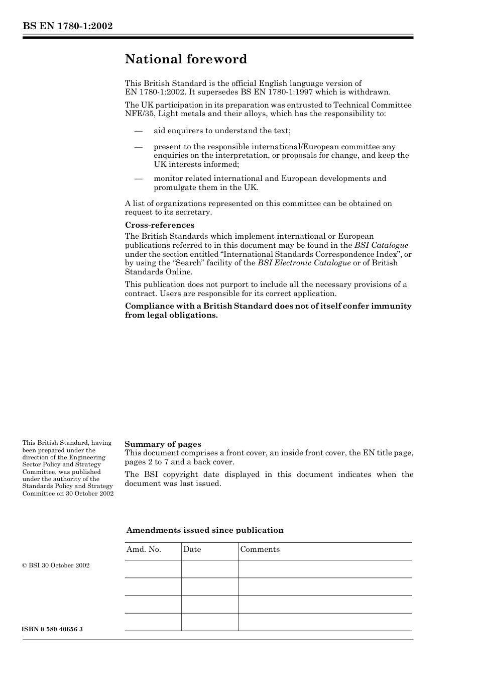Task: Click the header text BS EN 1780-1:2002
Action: [67, 26]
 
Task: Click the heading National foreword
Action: [186, 59]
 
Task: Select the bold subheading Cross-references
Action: [160, 225]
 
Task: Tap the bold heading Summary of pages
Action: [163, 444]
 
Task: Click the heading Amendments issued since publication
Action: [205, 530]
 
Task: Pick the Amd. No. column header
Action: [144, 549]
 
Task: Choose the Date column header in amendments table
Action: [192, 549]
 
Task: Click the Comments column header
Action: [260, 549]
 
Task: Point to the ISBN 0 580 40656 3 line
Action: [53, 629]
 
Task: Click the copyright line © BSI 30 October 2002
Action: [56, 565]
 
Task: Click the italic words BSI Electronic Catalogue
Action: [304, 263]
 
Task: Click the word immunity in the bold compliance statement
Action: [391, 306]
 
